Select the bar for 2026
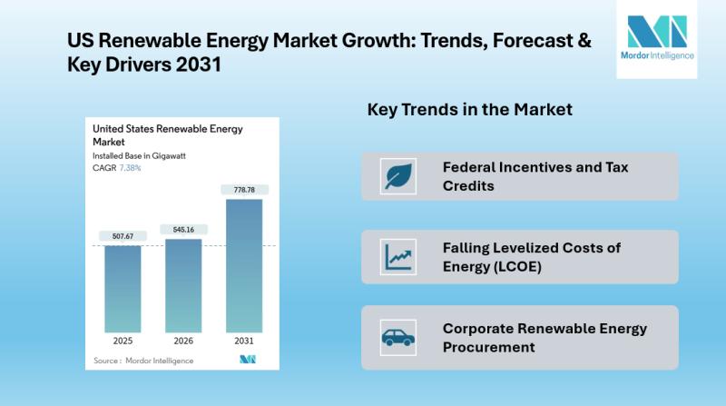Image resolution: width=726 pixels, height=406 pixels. [183, 285]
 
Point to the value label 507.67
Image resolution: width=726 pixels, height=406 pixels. [123, 236]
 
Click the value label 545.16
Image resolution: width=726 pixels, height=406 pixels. [183, 230]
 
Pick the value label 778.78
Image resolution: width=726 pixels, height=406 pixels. [244, 190]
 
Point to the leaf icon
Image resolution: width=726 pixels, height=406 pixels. [398, 176]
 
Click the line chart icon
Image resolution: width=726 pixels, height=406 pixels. [398, 256]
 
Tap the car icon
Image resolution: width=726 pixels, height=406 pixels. [398, 338]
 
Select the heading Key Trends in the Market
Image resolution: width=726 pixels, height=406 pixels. [469, 110]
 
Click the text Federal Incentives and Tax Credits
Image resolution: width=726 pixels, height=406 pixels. [535, 176]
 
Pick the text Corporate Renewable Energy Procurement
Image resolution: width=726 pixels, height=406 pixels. [545, 338]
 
